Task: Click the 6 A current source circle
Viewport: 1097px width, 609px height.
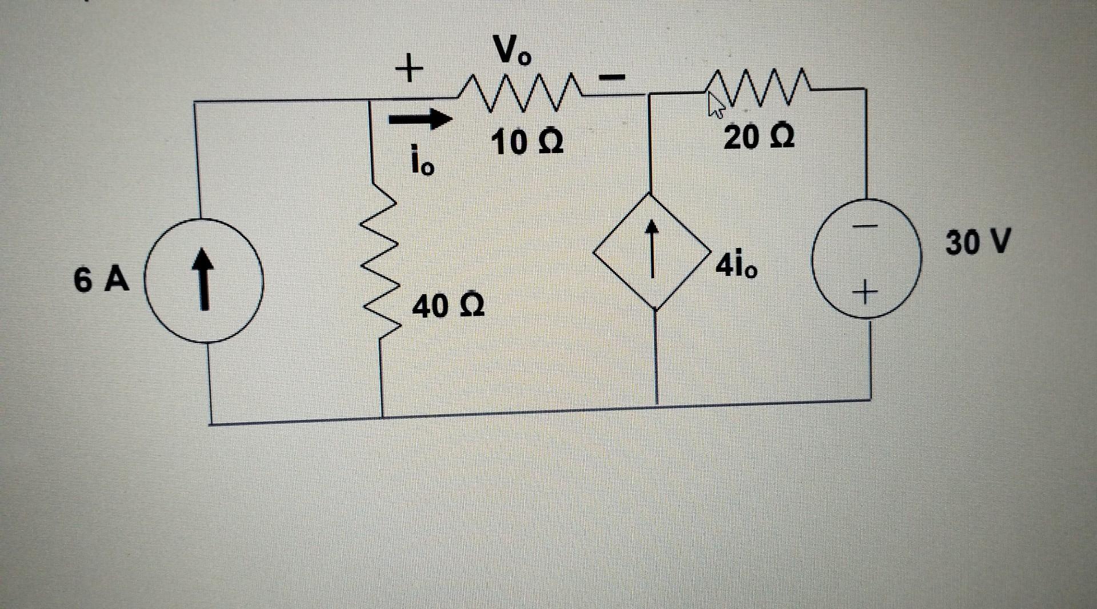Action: click(x=203, y=281)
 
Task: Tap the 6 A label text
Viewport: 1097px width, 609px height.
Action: click(x=101, y=281)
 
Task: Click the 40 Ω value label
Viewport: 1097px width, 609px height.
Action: click(x=449, y=307)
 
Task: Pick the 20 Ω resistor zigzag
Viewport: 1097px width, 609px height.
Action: click(x=757, y=87)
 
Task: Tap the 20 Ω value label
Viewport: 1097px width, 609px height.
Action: click(x=759, y=138)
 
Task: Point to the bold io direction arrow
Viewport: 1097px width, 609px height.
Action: click(x=420, y=119)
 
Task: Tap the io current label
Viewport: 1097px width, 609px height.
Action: click(x=422, y=161)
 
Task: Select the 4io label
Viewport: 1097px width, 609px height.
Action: click(x=737, y=266)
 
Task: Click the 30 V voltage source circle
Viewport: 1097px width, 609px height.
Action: click(x=867, y=258)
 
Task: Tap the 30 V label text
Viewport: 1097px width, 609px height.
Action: click(x=978, y=242)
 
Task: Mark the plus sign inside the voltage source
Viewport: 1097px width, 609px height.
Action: click(x=866, y=294)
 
